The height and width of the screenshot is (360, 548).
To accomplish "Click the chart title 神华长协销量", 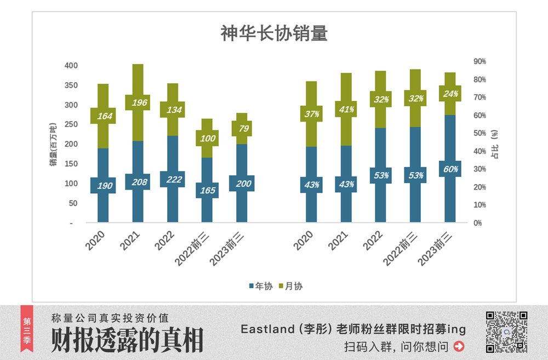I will (274, 33).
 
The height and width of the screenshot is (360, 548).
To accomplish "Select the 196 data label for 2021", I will (138, 102).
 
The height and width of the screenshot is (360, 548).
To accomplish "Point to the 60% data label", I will (450, 169).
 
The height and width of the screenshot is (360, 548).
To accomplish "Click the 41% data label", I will (346, 109).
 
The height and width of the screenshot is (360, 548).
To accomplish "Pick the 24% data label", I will (450, 94).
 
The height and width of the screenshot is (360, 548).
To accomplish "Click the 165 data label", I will (207, 190).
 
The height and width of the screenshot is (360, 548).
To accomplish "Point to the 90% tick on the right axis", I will (480, 61).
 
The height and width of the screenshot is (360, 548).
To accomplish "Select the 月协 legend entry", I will (291, 285).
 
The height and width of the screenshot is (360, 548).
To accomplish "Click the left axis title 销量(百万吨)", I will (53, 144).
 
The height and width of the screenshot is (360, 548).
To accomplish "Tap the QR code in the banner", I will (506, 332).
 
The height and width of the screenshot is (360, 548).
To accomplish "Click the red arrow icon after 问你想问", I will (459, 346).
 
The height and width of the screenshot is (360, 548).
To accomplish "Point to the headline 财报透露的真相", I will (127, 340).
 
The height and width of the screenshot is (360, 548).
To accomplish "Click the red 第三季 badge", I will (27, 332).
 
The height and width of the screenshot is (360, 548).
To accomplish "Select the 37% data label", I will (311, 114).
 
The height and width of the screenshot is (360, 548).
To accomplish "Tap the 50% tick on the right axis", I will (480, 133).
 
